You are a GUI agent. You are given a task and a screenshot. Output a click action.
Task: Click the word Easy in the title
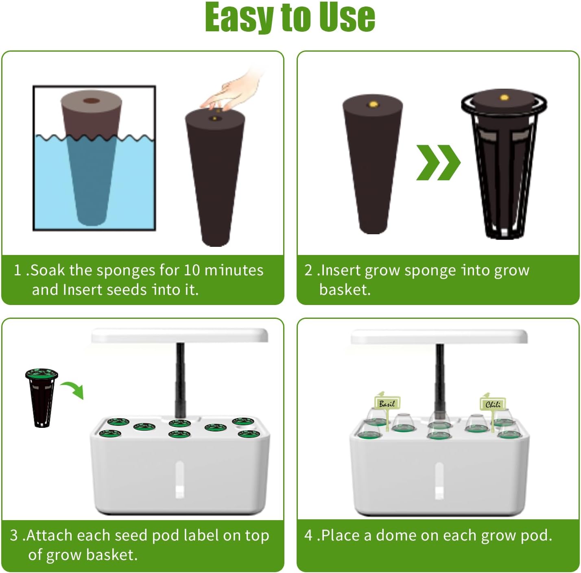click(239, 17)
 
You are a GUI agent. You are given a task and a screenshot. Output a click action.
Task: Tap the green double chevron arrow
click(438, 162)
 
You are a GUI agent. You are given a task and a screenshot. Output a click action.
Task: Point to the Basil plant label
click(387, 403)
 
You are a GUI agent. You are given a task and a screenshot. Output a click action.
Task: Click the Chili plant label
click(493, 404)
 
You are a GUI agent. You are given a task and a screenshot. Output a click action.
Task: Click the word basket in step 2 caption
click(344, 290)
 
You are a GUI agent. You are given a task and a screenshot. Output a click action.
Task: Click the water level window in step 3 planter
click(179, 480)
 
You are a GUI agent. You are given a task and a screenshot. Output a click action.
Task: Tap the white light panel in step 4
click(439, 337)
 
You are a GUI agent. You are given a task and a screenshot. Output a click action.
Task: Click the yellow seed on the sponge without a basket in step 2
click(373, 105)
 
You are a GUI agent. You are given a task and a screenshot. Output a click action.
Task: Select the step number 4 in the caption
click(308, 535)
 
